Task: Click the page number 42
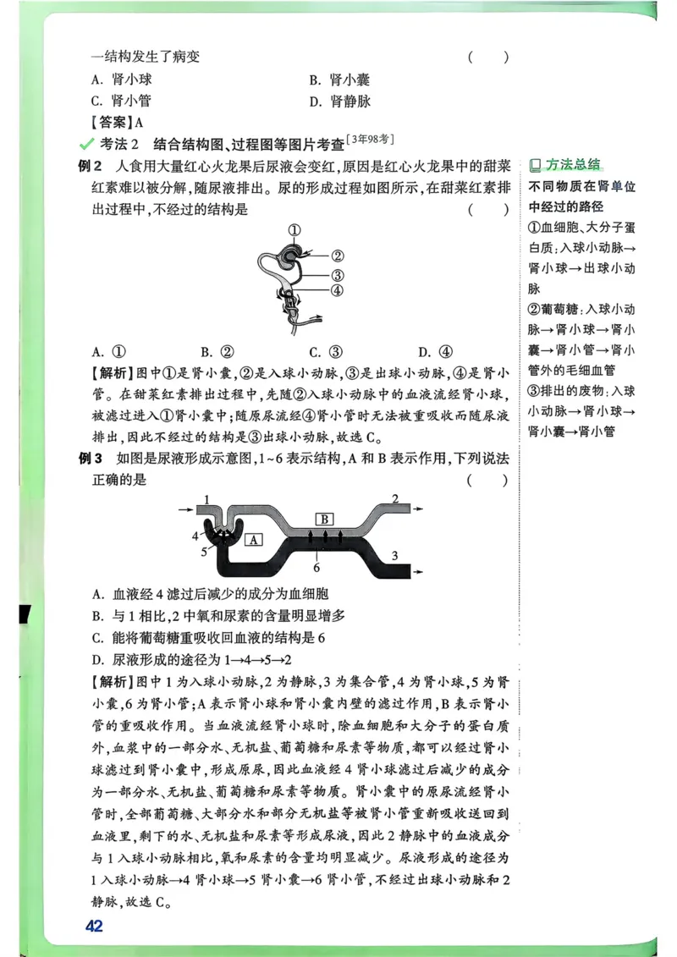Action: tap(94, 926)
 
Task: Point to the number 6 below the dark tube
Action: tap(316, 568)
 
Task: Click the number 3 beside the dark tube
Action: tap(394, 554)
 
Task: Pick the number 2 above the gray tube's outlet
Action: tap(394, 498)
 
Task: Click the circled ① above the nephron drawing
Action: tap(294, 229)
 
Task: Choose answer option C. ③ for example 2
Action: tap(325, 351)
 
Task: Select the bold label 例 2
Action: tap(90, 165)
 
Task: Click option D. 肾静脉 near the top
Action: tap(340, 102)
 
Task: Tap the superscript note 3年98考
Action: tap(372, 139)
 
